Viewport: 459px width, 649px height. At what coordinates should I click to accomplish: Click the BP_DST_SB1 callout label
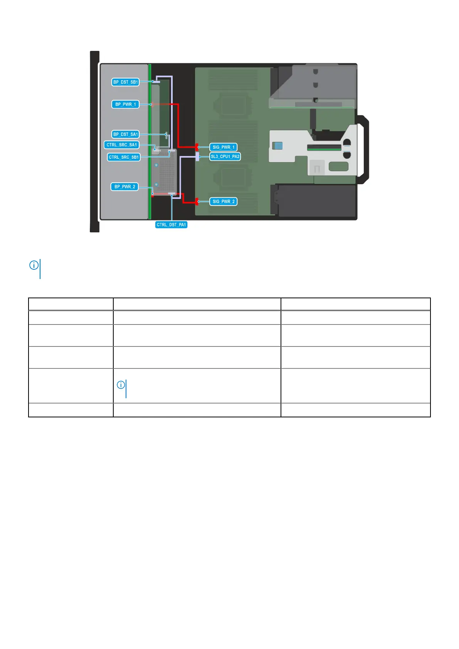125,82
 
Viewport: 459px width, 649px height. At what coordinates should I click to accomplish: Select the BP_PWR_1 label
125,104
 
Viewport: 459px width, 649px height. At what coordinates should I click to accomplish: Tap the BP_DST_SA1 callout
125,135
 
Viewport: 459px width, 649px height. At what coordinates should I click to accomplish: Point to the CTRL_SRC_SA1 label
121,145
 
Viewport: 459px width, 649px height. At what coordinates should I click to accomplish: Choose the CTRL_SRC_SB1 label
123,157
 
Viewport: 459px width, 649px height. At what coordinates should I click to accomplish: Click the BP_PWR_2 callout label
125,187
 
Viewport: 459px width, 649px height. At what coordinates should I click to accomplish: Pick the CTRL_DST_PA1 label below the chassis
171,225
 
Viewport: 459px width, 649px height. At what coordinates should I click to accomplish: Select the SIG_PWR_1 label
224,147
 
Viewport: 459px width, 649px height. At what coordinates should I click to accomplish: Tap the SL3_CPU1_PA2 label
225,156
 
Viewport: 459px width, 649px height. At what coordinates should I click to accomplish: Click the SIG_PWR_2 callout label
224,202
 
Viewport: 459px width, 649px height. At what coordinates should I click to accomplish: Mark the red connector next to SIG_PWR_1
197,147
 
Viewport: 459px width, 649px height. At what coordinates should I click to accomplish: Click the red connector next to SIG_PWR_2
197,201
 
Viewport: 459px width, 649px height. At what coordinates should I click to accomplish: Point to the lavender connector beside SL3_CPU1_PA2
197,156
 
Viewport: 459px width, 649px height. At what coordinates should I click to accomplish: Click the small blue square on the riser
277,146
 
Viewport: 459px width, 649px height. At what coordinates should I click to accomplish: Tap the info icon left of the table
34,265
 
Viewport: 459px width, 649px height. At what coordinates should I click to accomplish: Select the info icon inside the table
121,385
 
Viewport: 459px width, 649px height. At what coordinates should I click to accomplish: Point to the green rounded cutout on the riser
338,166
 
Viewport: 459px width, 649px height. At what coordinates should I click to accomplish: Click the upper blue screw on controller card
156,165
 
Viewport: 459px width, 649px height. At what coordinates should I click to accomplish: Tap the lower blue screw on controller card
156,184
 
